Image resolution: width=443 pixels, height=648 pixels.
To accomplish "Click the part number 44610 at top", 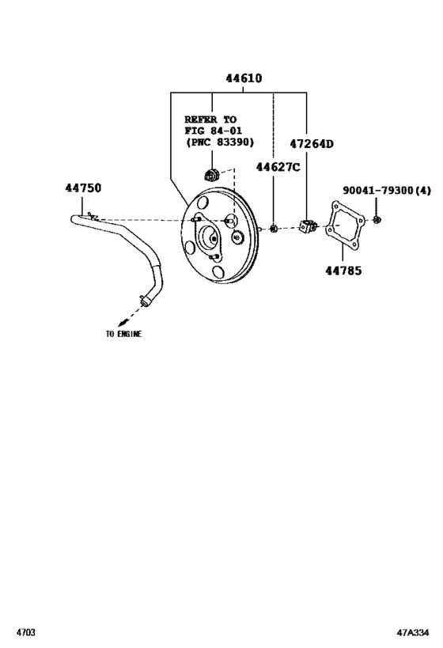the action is [x=244, y=78].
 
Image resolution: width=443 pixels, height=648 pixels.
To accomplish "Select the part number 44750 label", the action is [x=83, y=188].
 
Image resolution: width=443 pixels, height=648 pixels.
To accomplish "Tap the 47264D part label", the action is [x=311, y=144].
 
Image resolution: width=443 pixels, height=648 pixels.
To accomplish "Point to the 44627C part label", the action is [x=278, y=167].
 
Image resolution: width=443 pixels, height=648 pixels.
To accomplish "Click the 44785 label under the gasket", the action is [x=343, y=271].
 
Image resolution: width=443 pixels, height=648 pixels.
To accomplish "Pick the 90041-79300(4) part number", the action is [x=387, y=191].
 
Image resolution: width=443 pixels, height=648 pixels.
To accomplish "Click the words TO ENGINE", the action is [x=123, y=334].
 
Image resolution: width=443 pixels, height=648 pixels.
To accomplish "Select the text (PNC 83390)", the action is [x=220, y=142].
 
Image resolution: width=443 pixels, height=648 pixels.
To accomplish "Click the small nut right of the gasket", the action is [x=377, y=219].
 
